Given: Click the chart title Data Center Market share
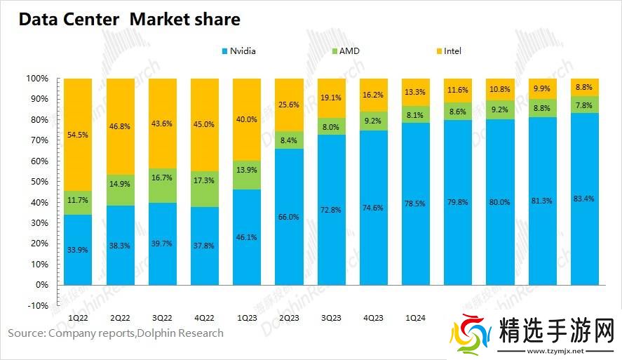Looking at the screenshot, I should [129, 19].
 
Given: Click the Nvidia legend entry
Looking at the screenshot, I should [238, 51].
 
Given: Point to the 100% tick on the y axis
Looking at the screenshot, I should [37, 78].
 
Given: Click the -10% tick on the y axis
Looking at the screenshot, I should [37, 306].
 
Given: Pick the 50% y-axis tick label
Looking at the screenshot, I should [39, 182].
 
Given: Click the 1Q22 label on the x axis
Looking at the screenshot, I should [78, 317].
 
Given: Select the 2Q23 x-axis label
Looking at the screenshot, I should [289, 317].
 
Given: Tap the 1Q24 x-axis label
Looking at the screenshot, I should [415, 317].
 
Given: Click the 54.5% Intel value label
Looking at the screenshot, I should [79, 134].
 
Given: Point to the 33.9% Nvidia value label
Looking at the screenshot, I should [79, 249].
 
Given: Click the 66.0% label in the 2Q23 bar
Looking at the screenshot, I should [289, 217].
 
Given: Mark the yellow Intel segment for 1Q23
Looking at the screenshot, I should [247, 119].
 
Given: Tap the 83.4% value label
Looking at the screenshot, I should [583, 199].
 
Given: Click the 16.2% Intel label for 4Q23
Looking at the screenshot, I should [373, 94].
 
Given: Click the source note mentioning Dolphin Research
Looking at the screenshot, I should [116, 333].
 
